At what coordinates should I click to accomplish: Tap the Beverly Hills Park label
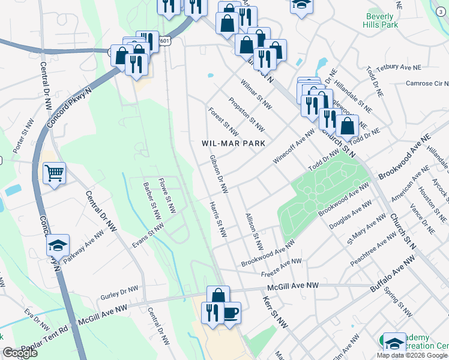pos(381,22)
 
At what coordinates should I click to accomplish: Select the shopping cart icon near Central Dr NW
pos(54,173)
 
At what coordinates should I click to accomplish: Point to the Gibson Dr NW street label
pos(218,175)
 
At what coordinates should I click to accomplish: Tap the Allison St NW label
pos(255,230)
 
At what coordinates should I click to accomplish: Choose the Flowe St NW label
pos(166,196)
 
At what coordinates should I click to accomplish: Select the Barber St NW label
pos(152,201)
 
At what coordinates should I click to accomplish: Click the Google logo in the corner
pos(20,353)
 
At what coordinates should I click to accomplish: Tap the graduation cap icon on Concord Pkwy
pos(58,245)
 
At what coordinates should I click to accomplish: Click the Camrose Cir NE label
pos(427,83)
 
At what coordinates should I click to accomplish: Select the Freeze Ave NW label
pos(282,268)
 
